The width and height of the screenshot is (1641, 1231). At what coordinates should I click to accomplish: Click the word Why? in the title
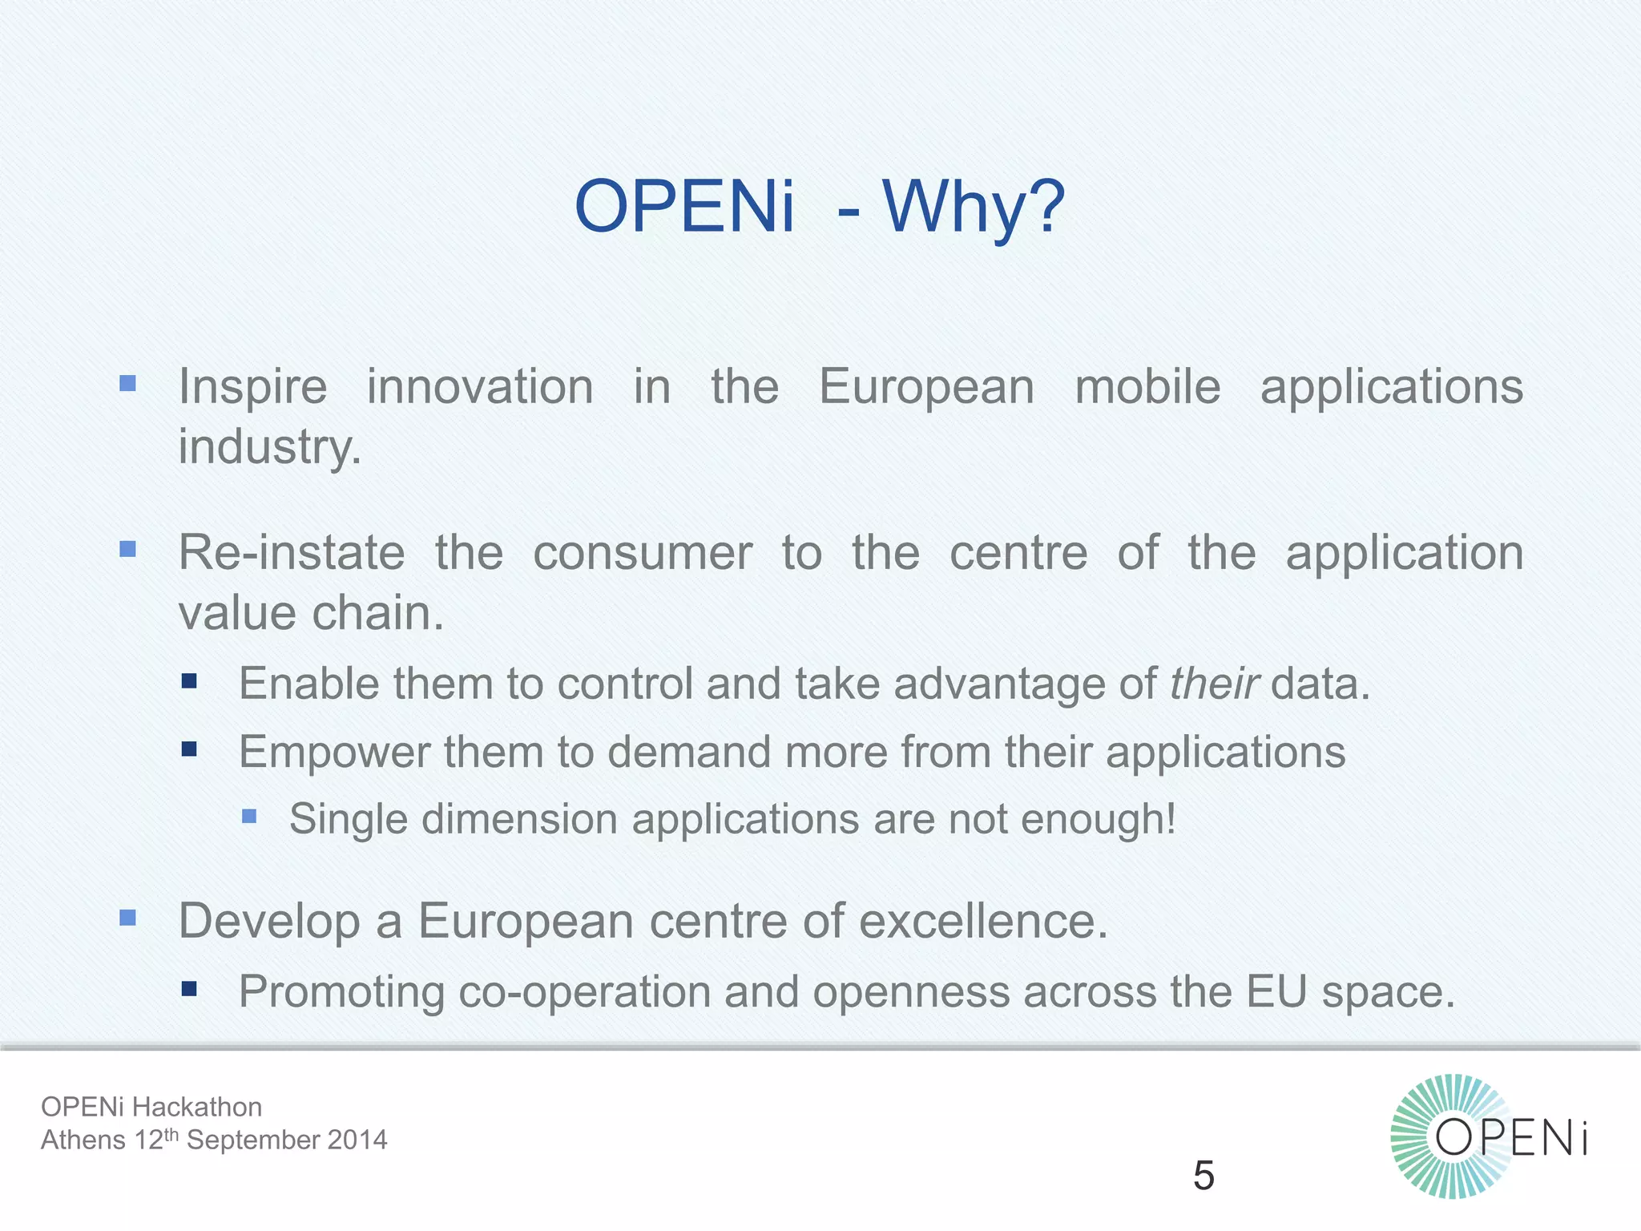click(974, 207)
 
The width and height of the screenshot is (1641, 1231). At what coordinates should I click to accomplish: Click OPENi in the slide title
click(684, 207)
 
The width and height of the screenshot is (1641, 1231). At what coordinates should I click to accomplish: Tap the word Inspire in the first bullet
click(252, 387)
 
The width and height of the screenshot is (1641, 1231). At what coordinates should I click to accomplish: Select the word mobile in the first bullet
click(1147, 387)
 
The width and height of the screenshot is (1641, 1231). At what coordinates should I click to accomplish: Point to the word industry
click(269, 447)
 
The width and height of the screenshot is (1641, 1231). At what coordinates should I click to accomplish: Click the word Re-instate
click(292, 553)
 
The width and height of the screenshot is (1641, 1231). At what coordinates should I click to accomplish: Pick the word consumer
click(643, 553)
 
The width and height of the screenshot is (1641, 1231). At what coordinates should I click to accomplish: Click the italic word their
click(1214, 684)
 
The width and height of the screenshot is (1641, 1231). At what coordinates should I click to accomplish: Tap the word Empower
click(335, 753)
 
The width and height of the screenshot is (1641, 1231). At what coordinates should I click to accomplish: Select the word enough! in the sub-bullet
click(1099, 819)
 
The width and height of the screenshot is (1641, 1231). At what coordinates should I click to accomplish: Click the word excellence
click(983, 921)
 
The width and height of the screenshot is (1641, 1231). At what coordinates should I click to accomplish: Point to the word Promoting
click(341, 992)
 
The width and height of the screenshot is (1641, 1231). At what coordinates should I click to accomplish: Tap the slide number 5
click(1204, 1176)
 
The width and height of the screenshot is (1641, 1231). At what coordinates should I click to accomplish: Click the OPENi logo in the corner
click(1489, 1136)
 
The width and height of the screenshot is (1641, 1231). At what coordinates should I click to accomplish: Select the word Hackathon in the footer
click(197, 1107)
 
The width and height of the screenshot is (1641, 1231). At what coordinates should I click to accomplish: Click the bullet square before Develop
click(127, 918)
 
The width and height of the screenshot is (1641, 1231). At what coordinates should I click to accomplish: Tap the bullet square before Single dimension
click(249, 816)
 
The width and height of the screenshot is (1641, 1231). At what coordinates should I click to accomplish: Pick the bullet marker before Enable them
click(189, 681)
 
